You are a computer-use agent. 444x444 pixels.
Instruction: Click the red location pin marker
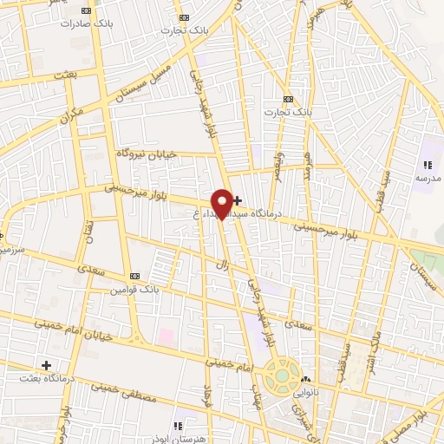[222, 203]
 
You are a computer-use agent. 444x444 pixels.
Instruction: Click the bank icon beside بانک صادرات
[84, 10]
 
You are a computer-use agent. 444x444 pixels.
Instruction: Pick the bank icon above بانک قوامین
[134, 277]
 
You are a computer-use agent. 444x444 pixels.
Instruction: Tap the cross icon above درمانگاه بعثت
[47, 365]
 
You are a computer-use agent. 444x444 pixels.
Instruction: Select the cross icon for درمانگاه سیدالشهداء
[238, 201]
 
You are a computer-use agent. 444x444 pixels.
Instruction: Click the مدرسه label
[428, 178]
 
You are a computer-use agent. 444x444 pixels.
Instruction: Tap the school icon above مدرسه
[427, 165]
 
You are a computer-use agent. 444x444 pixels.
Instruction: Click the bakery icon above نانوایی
[304, 379]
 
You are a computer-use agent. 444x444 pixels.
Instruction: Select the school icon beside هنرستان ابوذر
[178, 425]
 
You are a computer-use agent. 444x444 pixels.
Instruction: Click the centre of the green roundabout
[282, 376]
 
